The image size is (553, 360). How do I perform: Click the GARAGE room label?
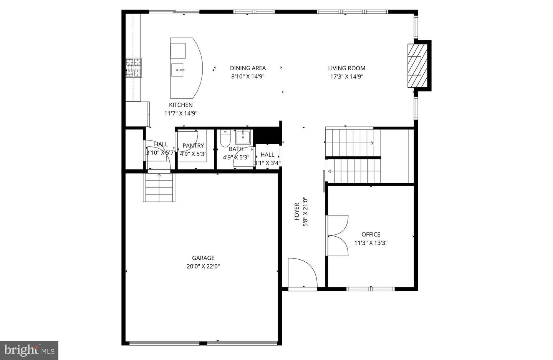[203, 258]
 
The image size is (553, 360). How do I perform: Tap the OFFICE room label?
[371, 234]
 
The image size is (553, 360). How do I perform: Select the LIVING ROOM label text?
[346, 68]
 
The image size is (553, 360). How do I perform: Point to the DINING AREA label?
[248, 68]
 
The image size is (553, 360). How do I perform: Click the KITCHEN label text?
[181, 105]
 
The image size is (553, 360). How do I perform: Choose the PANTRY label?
[193, 146]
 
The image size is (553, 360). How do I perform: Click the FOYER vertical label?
[297, 212]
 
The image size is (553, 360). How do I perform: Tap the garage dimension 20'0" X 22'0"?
[203, 266]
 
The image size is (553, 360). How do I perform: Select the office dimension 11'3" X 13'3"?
[371, 243]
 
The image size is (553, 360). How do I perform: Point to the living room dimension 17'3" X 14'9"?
[346, 76]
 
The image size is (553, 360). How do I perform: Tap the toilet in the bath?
[225, 139]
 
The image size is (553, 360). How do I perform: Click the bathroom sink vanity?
[243, 137]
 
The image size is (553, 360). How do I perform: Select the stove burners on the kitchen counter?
[134, 67]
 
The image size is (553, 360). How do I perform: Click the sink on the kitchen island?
[178, 70]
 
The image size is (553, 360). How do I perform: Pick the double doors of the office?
[337, 235]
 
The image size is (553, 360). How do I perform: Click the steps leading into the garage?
[160, 187]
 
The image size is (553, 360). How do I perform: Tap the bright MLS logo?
[29, 350]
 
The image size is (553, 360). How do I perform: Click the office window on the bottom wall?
[370, 289]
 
